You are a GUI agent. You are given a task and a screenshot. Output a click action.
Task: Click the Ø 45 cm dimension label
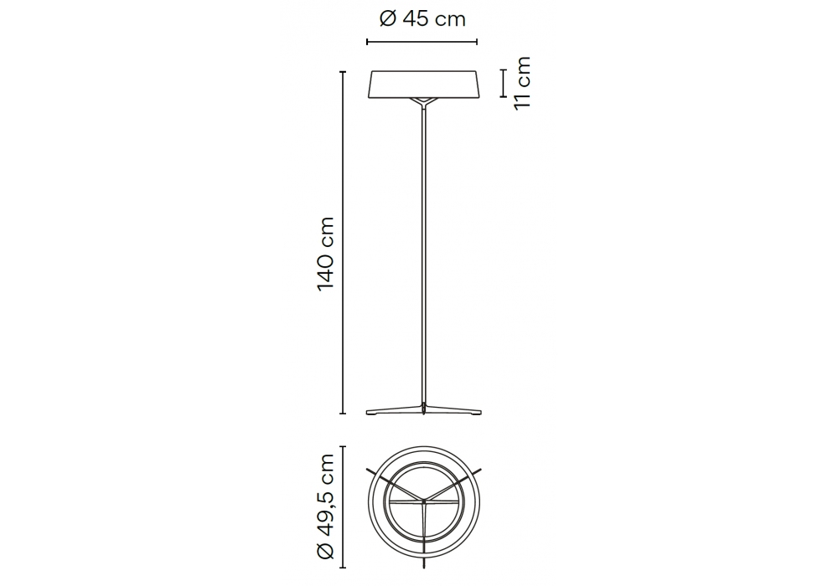coord(422,20)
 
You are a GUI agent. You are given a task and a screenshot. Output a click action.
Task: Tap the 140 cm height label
coord(325,254)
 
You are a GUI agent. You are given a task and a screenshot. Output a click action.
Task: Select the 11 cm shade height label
coord(522,83)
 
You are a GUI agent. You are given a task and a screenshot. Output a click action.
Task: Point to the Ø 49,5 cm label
coord(325,506)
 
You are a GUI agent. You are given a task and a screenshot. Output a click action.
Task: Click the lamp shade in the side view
coord(422,85)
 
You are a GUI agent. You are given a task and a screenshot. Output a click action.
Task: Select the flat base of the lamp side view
coord(424,410)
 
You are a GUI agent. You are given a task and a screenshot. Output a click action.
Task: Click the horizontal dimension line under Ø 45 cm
coord(422,42)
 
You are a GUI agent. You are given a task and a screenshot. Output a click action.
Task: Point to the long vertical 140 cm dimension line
coord(343,242)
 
